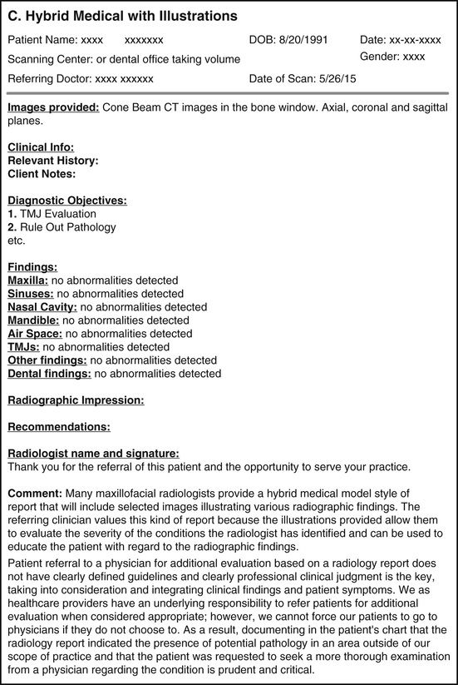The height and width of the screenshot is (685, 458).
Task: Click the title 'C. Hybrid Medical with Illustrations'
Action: pos(122,16)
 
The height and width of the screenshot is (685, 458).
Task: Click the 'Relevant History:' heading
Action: pos(52,161)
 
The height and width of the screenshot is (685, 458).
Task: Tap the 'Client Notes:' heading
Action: pos(42,174)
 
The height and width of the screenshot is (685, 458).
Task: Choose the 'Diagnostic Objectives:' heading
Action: pos(66,201)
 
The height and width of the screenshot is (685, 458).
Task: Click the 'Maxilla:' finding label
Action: pos(28,280)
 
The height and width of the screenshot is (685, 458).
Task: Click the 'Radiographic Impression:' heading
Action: pos(76,400)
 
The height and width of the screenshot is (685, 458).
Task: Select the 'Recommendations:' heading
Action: pos(59,427)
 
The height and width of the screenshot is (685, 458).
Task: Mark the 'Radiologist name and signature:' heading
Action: pos(93,454)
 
